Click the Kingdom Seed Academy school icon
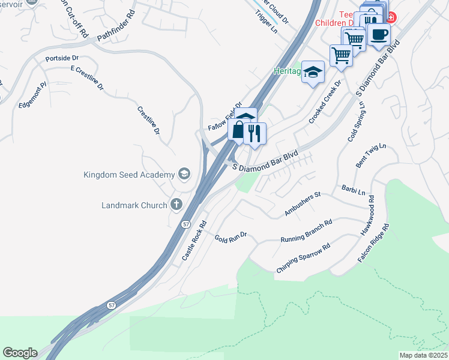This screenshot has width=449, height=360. point(184,175)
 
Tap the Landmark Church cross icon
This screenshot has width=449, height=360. point(176,205)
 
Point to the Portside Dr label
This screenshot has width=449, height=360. point(62,59)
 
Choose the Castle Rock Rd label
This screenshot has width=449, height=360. point(194,240)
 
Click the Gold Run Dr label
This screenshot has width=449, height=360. point(231,236)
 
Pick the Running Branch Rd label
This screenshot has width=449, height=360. point(306,232)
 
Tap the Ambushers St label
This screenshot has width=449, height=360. point(303,204)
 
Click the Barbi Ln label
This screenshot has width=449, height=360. point(353,190)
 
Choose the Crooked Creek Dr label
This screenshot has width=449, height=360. point(324,102)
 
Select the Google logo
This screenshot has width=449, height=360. point(20,353)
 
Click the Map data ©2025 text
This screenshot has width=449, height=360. point(423,355)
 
